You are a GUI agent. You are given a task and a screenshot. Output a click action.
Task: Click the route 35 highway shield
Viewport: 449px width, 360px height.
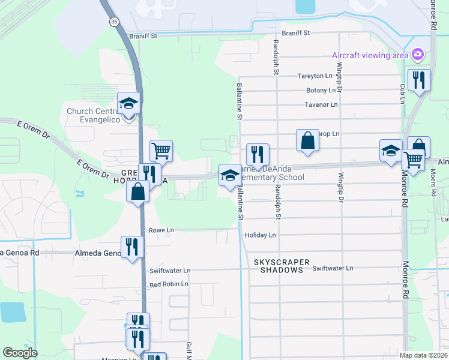[x=113, y=21]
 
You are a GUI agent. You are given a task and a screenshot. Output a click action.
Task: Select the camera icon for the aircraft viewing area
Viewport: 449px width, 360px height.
[x=418, y=56]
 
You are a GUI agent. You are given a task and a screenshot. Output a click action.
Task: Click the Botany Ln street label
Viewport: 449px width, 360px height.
[x=321, y=91]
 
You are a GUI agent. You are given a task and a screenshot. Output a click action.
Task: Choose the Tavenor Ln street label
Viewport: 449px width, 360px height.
[x=321, y=104]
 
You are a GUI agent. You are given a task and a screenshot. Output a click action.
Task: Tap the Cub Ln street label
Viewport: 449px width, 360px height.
[x=403, y=92]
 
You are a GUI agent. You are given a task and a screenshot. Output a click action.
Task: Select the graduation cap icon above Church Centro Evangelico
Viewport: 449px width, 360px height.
[x=128, y=103]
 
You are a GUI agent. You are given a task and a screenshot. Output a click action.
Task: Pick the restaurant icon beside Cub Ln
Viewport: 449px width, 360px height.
[x=418, y=80]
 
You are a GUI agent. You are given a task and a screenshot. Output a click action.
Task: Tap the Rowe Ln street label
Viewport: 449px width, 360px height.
[x=161, y=230]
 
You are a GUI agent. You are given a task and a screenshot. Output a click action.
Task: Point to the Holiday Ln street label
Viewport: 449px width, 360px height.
[x=261, y=235]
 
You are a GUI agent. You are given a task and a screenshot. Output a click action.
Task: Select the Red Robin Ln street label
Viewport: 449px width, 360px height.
[x=169, y=284]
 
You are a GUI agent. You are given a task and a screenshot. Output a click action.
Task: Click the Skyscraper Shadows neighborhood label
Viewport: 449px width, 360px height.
[x=282, y=266]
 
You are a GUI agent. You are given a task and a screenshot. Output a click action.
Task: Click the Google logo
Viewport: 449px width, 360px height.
[x=20, y=353]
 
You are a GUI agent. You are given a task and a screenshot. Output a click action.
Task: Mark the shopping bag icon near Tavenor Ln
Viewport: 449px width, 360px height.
[x=307, y=140]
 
